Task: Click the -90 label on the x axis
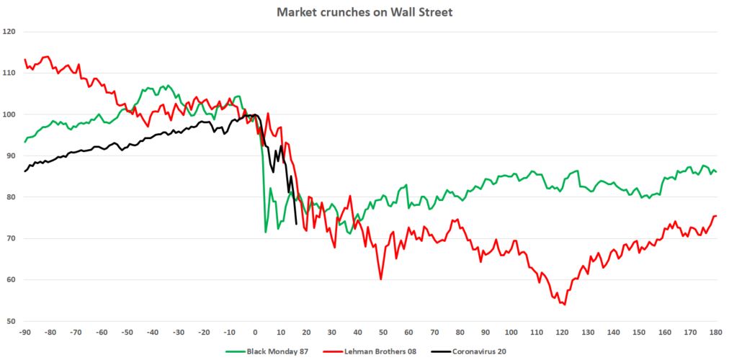(x=24, y=332)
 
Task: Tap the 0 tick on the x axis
(x=255, y=332)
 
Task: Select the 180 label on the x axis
(x=716, y=332)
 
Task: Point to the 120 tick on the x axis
(x=563, y=332)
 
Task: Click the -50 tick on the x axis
(x=127, y=332)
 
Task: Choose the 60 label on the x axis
(x=408, y=332)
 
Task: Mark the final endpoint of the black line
(x=297, y=224)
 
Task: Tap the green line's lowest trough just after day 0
(x=266, y=232)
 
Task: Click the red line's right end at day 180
(x=716, y=216)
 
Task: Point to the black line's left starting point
(x=24, y=171)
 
